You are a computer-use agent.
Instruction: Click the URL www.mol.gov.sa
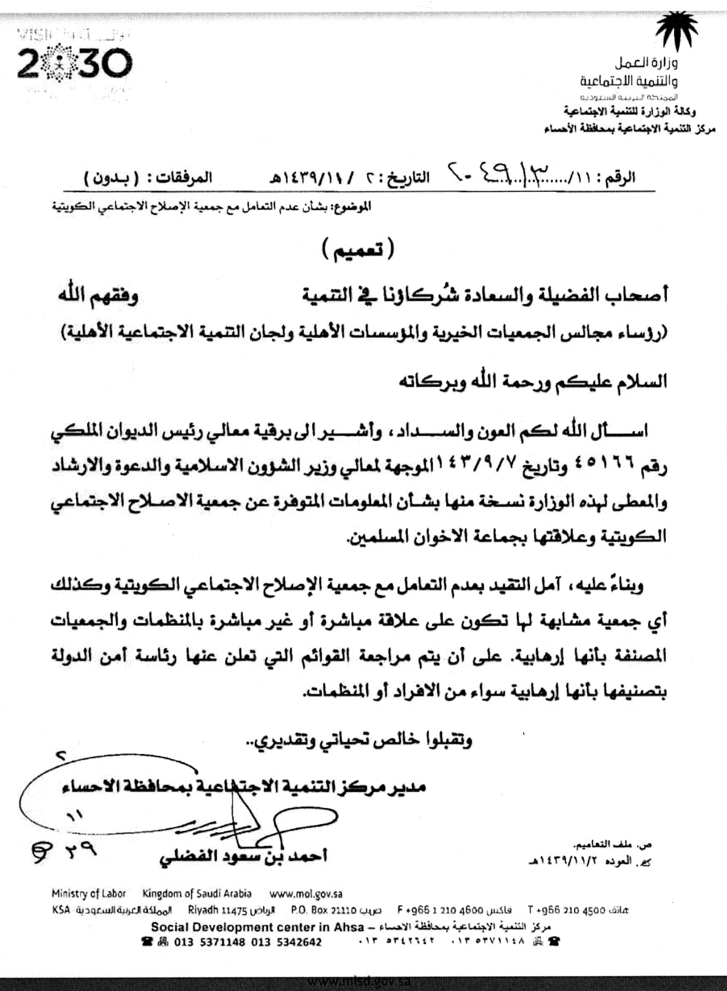(x=306, y=893)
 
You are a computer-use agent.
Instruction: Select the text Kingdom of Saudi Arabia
(x=197, y=893)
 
